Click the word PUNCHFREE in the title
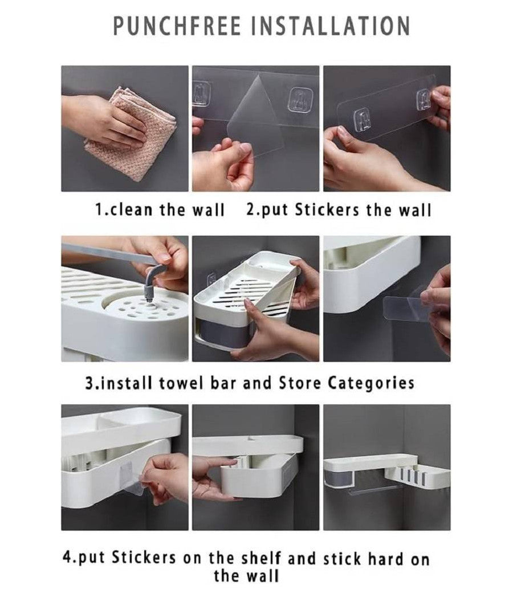(x=177, y=26)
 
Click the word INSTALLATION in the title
(x=331, y=26)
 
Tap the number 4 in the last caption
(x=67, y=558)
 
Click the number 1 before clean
(x=98, y=210)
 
